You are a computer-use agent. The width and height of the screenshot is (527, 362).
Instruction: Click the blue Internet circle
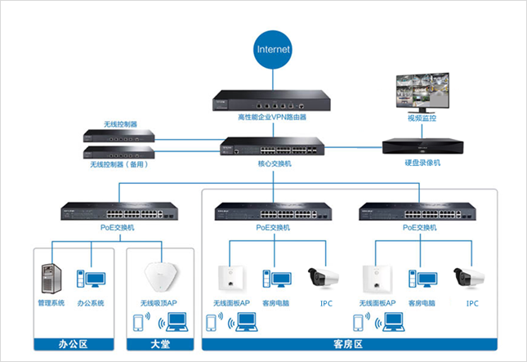click(273, 48)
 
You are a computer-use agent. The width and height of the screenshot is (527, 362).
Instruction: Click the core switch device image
click(273, 148)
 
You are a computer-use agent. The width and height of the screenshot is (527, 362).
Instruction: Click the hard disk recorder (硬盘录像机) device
click(423, 147)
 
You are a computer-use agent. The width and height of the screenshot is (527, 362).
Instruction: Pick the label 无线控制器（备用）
click(118, 164)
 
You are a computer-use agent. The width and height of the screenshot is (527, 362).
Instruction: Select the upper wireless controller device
click(120, 136)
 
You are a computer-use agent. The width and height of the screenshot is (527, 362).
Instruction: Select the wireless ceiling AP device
click(159, 275)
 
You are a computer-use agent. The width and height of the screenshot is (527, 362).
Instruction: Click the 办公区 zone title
click(72, 345)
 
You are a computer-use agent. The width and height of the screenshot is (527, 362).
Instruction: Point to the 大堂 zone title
click(159, 345)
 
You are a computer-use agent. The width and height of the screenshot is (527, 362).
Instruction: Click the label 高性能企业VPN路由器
click(272, 118)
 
